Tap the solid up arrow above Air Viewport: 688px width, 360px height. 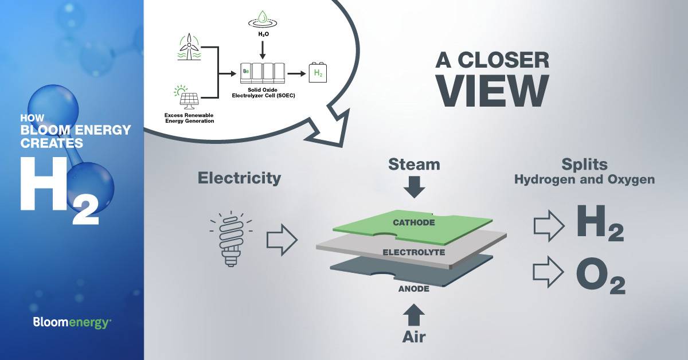[x=414, y=315]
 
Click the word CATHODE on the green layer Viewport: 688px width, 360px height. [x=413, y=222]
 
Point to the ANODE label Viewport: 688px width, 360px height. [x=414, y=289]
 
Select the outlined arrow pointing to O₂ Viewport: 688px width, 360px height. [x=549, y=271]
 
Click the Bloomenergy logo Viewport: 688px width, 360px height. [x=72, y=323]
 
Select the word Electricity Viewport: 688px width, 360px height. [x=239, y=178]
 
